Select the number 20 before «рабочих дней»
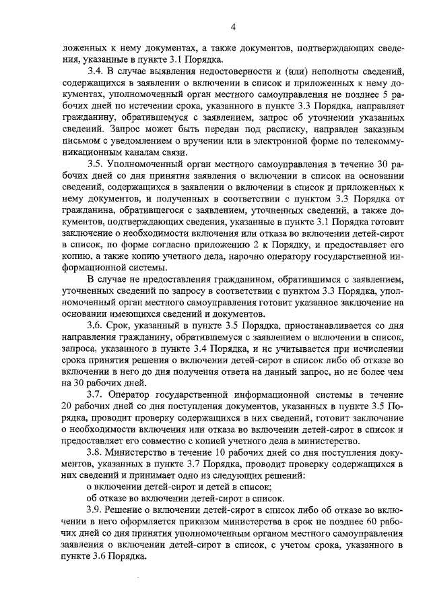(x=69, y=405)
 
